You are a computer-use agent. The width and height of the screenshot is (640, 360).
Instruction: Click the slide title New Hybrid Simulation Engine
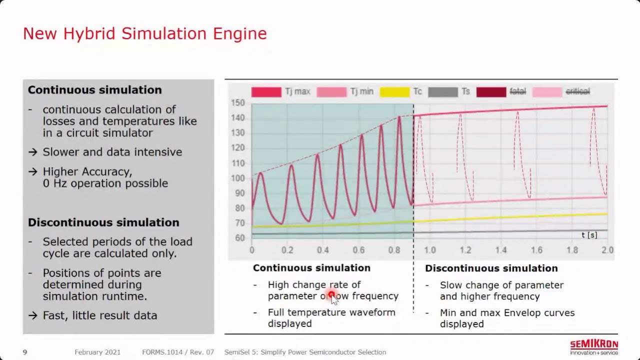point(145,33)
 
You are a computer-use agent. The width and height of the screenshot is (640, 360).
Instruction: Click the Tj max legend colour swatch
point(266,91)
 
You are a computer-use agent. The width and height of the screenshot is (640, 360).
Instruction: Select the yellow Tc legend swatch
point(394,91)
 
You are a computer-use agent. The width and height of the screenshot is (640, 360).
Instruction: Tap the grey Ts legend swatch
point(442,91)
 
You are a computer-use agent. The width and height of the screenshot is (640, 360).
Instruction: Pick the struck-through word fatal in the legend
point(517,91)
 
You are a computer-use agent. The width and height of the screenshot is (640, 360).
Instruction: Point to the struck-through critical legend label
point(577,91)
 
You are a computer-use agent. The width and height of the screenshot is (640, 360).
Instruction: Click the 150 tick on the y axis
point(238,103)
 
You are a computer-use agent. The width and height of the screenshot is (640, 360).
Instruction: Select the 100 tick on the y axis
point(238,178)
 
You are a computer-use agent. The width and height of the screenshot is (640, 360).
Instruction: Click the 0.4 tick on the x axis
point(322,250)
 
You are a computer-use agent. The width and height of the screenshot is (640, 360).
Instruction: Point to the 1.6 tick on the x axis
point(536,250)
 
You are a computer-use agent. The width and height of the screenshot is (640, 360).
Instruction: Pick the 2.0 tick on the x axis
point(607,250)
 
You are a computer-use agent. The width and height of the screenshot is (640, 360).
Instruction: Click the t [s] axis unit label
point(589,235)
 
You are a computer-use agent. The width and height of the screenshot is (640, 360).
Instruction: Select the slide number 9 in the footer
point(25,352)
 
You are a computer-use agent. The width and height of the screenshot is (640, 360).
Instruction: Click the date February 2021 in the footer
point(97,352)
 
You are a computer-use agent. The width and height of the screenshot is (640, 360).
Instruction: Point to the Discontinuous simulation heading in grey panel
point(103,222)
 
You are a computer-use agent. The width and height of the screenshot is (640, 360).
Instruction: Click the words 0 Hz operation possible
point(105,183)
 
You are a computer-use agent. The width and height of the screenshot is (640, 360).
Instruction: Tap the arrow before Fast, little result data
point(33,315)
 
